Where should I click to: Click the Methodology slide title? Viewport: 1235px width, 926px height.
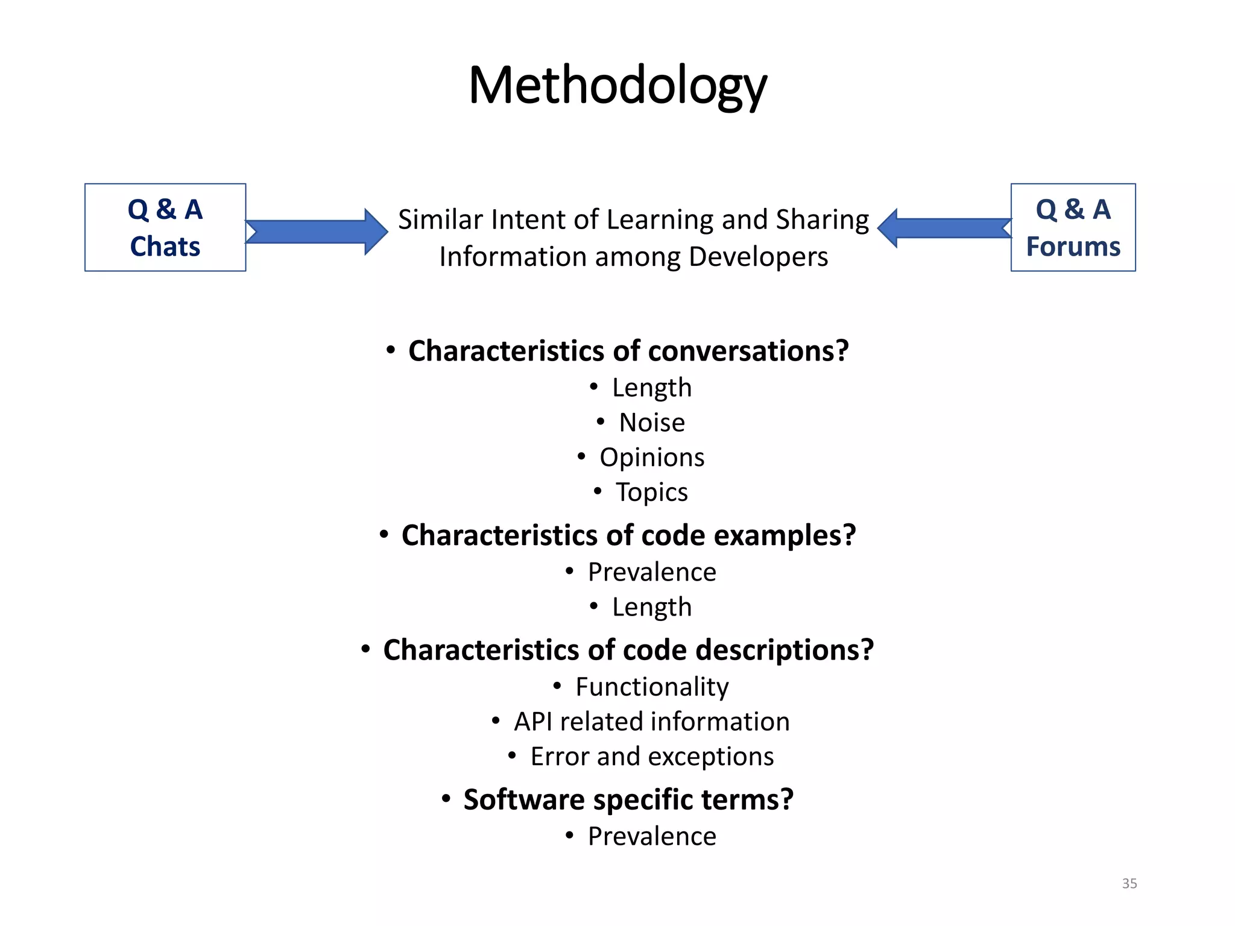(617, 86)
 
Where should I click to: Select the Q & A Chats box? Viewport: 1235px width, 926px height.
(165, 228)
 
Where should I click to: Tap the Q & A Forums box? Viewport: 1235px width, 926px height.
(1073, 228)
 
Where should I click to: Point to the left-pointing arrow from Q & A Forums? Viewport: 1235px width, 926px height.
(944, 228)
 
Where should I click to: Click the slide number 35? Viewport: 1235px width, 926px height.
(1129, 883)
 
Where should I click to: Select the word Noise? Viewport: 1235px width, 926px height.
(652, 423)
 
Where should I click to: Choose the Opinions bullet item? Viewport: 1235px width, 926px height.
(651, 458)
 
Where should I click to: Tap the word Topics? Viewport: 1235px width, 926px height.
(651, 493)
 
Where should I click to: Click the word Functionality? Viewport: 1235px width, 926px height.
(652, 687)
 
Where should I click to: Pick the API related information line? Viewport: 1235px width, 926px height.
(651, 722)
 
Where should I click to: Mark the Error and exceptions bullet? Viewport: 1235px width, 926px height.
(651, 757)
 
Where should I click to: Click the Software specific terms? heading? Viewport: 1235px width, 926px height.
(628, 799)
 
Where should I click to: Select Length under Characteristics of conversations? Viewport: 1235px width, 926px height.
(652, 388)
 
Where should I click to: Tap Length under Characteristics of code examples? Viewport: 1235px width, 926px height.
(652, 607)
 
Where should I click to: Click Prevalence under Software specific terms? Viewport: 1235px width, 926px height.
(652, 836)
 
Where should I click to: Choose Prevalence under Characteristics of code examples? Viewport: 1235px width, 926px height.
(652, 572)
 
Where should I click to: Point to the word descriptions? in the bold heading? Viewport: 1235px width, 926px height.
(784, 650)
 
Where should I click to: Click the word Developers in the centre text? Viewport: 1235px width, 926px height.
(758, 257)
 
